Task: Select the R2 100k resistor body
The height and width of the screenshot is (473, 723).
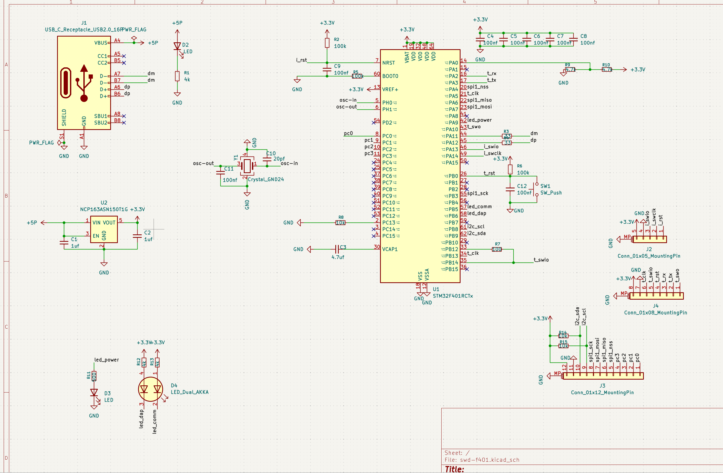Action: tap(327, 43)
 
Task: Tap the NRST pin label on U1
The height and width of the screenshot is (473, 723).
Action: tap(388, 63)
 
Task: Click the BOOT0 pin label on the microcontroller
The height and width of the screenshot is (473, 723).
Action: tap(390, 76)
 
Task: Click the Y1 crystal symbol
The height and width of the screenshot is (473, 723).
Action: tap(247, 165)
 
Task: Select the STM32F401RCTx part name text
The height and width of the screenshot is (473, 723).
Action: tap(453, 296)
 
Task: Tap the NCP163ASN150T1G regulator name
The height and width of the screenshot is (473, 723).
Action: tap(104, 209)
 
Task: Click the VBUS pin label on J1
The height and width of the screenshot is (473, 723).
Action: tap(100, 43)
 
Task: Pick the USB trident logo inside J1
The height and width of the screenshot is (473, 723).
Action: tap(84, 83)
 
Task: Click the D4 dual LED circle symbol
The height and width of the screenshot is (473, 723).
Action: tap(151, 389)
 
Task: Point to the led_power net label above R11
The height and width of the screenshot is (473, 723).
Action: tap(106, 360)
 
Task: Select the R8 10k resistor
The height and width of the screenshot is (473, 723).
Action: tap(340, 223)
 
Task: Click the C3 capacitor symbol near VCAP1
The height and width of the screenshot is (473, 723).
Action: tap(337, 249)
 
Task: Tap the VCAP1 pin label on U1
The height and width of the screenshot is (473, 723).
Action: tap(390, 249)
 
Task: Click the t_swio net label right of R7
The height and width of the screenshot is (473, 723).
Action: tap(541, 260)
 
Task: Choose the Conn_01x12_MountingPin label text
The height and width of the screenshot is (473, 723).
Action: tap(602, 393)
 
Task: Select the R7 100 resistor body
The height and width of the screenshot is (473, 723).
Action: tap(497, 249)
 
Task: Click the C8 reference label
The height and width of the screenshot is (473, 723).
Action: tap(584, 36)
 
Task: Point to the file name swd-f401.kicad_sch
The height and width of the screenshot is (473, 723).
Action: tap(489, 460)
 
